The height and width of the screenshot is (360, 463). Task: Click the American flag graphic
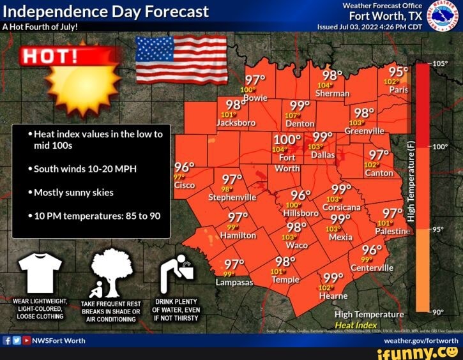(181, 59)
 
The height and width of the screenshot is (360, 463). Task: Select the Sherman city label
(333, 93)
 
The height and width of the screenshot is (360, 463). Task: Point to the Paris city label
(397, 90)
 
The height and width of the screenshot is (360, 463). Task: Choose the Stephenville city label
(232, 197)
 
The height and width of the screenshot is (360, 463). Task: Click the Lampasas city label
(234, 281)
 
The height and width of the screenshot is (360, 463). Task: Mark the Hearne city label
(333, 296)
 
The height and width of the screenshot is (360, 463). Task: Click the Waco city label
(296, 244)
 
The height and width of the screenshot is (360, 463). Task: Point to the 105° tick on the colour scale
(441, 64)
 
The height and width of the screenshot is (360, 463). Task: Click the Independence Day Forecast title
(106, 11)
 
